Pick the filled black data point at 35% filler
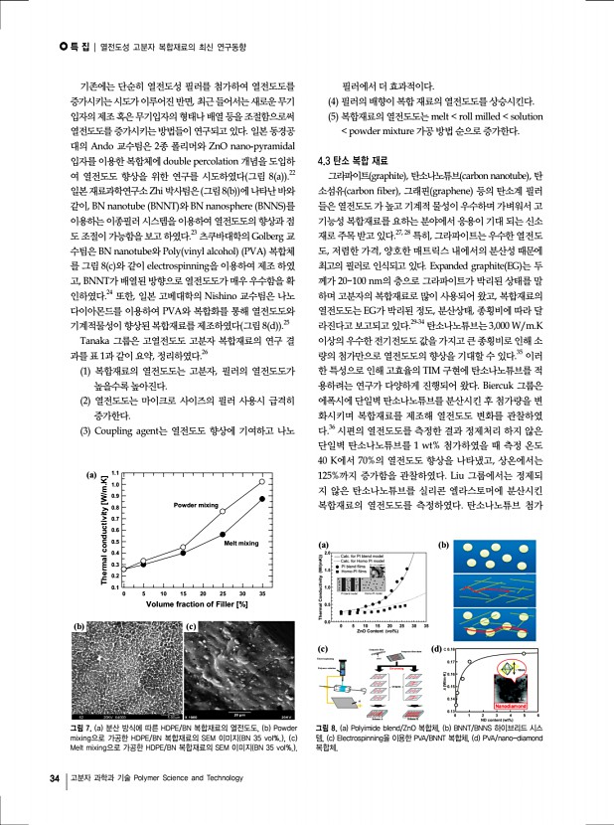[x=262, y=499]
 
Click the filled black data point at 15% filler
[x=184, y=553]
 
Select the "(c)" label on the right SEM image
[x=191, y=626]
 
